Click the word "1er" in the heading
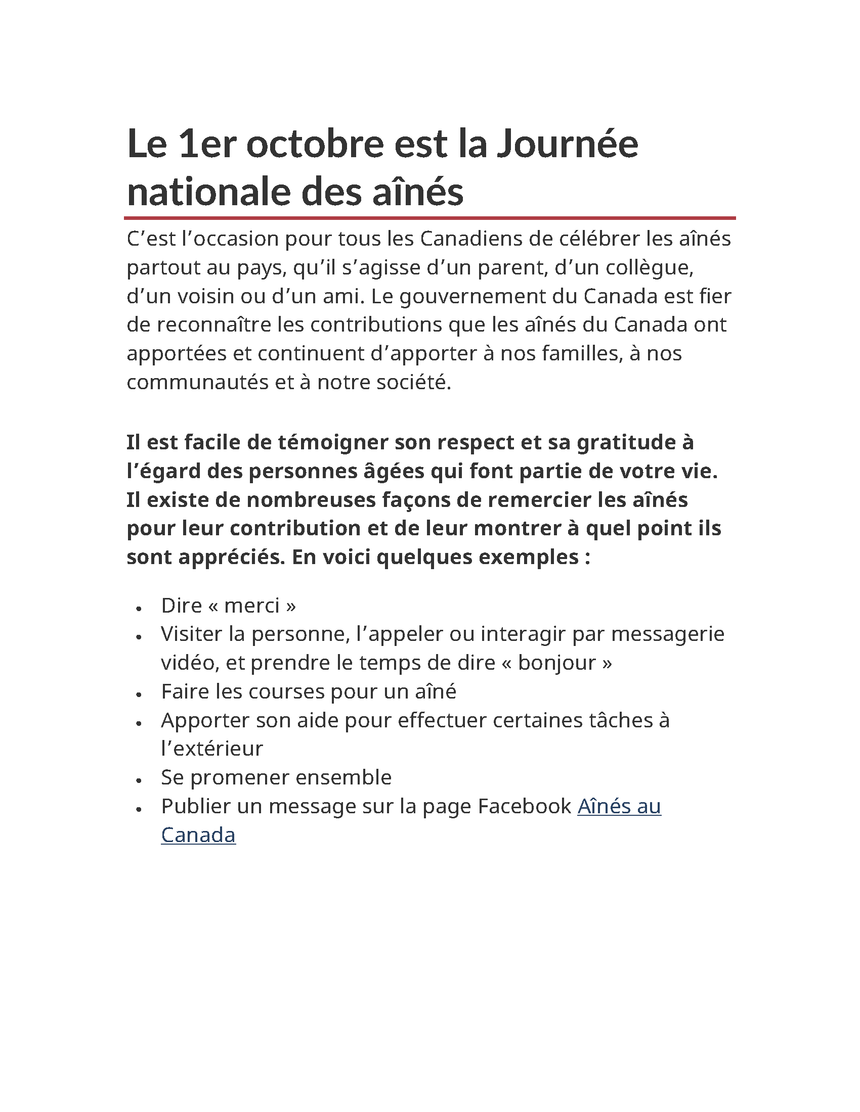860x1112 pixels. point(207,144)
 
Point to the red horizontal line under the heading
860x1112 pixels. point(429,218)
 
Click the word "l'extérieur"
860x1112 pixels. point(211,749)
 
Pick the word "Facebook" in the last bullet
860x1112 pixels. point(524,807)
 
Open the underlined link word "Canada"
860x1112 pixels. point(198,836)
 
